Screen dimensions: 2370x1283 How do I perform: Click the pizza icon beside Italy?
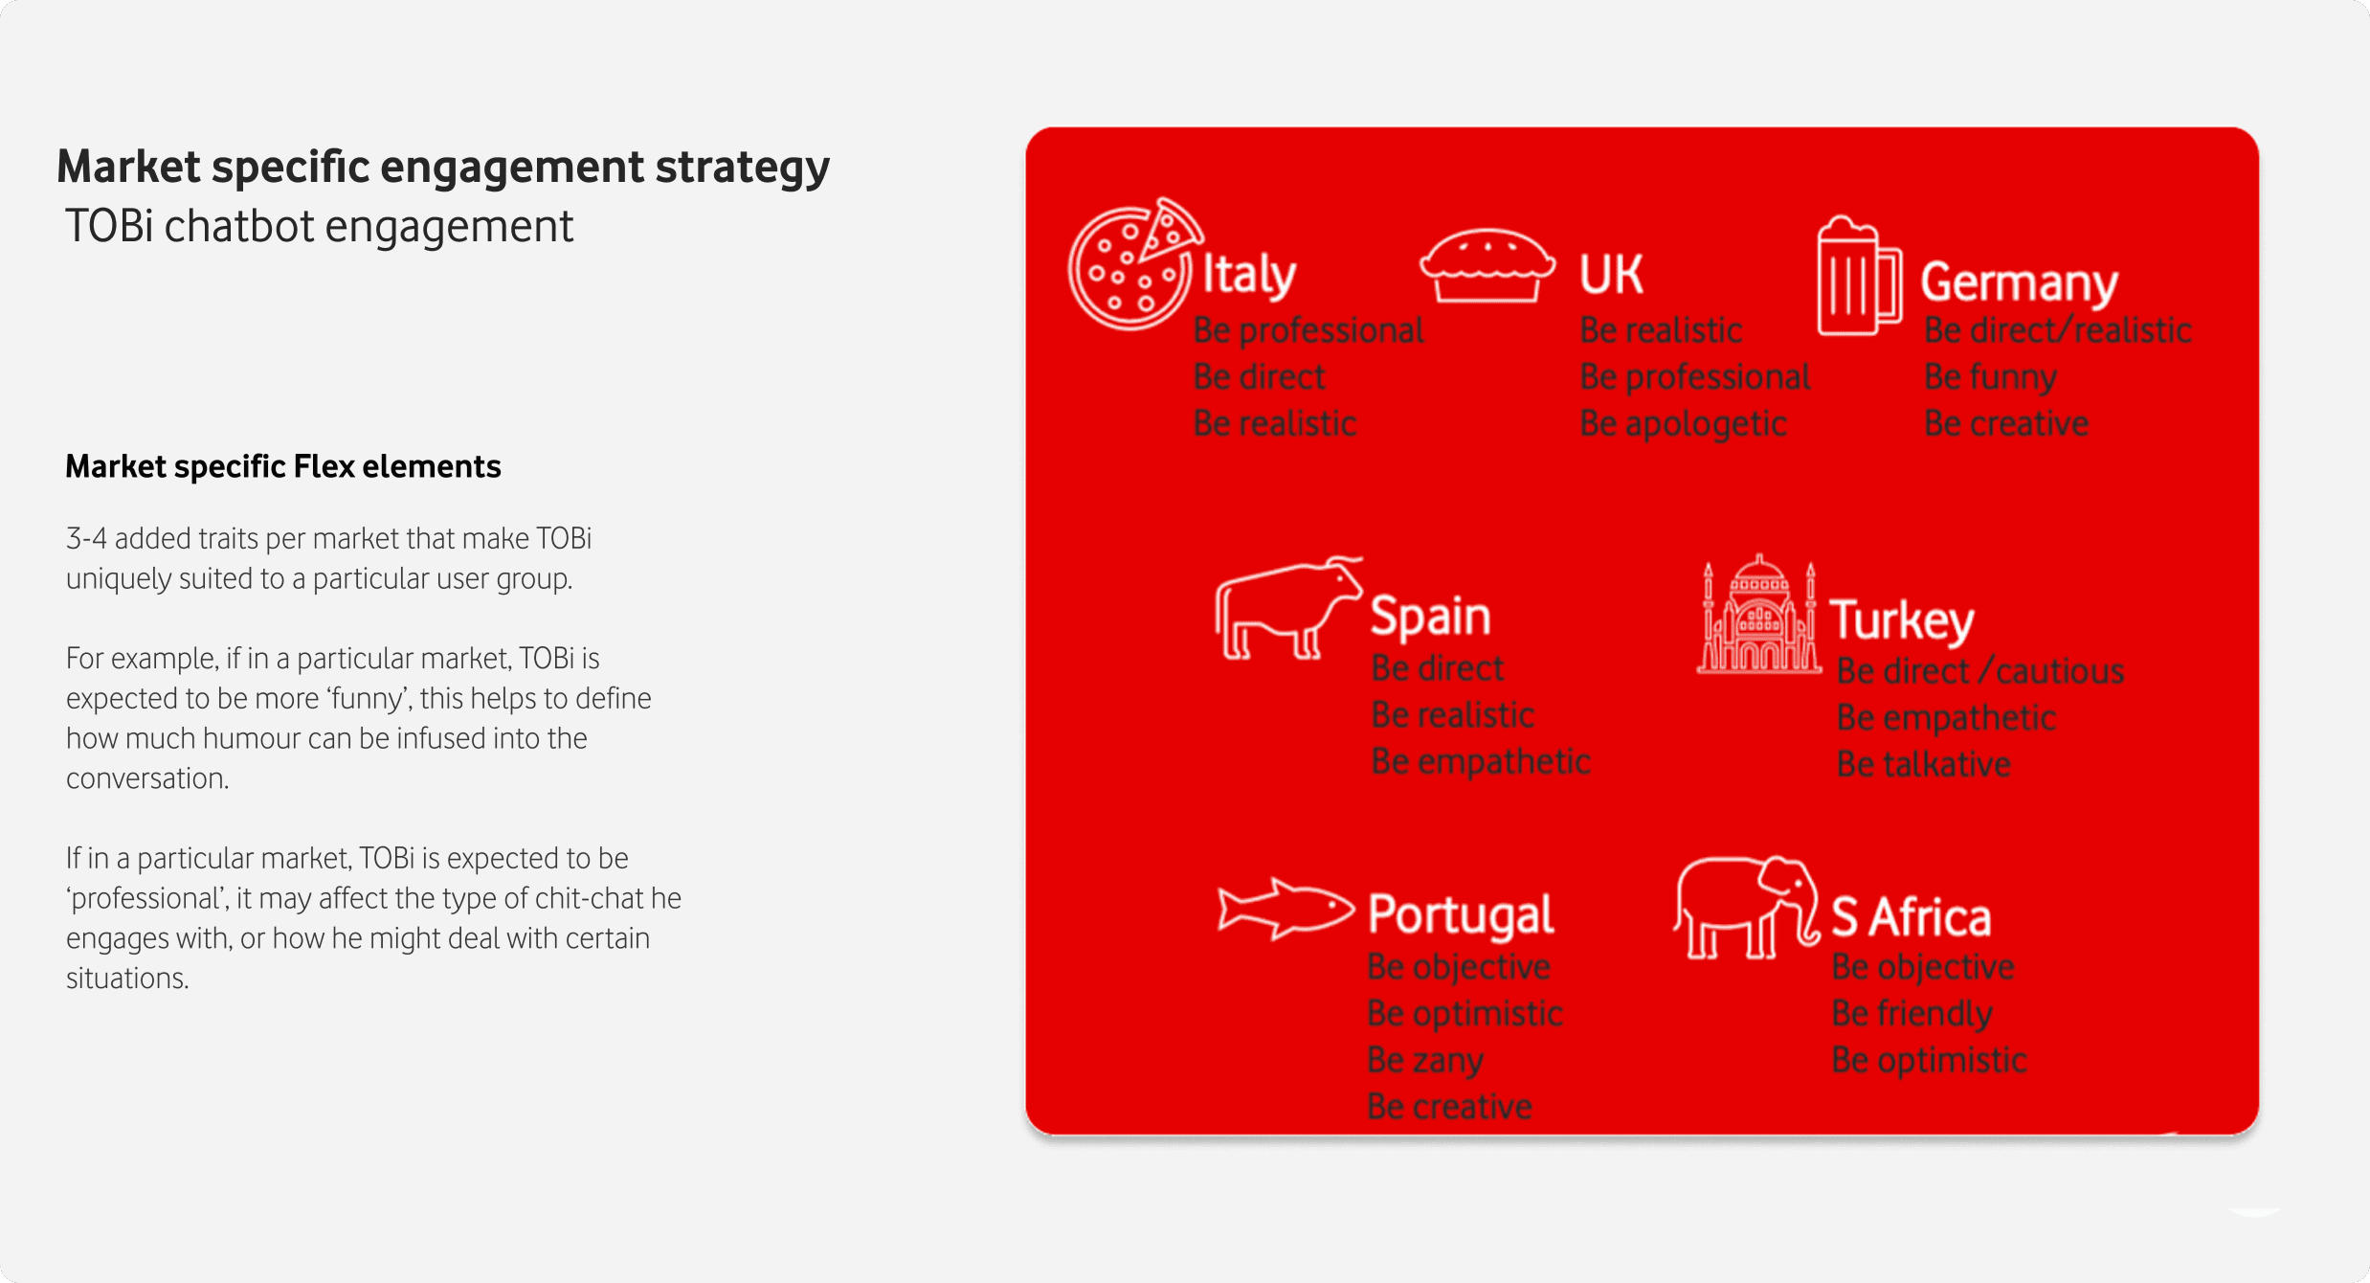click(x=1134, y=264)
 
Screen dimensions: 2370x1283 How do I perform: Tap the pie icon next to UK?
click(x=1487, y=265)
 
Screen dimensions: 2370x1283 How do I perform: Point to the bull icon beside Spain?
click(x=1287, y=609)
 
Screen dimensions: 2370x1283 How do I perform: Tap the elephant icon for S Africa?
click(x=1746, y=908)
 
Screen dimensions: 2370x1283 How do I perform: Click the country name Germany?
click(x=2020, y=282)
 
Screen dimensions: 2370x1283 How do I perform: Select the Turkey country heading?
click(x=1902, y=620)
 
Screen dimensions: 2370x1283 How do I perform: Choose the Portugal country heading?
click(x=1461, y=915)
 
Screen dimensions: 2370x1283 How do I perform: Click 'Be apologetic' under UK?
click(x=1683, y=424)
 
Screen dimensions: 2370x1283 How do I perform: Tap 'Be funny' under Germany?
click(x=1990, y=377)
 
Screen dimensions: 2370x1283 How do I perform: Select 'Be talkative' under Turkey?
click(x=1923, y=764)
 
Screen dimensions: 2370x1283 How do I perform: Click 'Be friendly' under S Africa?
click(x=1912, y=1013)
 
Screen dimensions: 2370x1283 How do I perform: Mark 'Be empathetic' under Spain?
click(x=1481, y=762)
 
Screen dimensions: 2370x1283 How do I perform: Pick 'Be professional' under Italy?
click(x=1308, y=330)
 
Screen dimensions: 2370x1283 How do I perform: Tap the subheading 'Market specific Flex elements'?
click(x=283, y=466)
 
